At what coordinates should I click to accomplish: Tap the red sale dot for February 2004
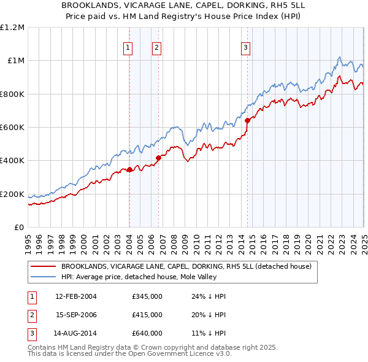[129, 170]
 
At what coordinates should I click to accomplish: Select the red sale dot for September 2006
[158, 158]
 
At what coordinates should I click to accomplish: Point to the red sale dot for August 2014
[247, 121]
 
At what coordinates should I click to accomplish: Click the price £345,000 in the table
[147, 296]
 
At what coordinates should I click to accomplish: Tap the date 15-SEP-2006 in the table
[76, 315]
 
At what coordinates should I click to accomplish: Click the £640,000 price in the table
[147, 333]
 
